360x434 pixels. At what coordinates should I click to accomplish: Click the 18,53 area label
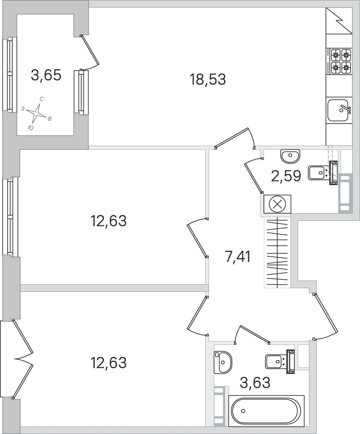click(208, 80)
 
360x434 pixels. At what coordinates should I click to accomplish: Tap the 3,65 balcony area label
click(46, 75)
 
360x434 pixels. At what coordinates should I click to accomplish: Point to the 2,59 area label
click(286, 176)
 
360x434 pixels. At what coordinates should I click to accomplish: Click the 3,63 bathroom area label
click(255, 383)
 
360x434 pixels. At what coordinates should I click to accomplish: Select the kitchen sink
click(339, 110)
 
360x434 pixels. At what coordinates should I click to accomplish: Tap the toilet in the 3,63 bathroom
click(280, 362)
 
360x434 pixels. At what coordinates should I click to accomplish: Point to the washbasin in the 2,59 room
click(290, 156)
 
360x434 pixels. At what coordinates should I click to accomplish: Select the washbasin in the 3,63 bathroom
click(223, 362)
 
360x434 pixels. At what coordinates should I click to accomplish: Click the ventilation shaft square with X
click(277, 204)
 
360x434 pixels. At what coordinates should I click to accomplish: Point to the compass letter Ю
click(31, 127)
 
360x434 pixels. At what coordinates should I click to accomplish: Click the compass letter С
click(42, 99)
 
